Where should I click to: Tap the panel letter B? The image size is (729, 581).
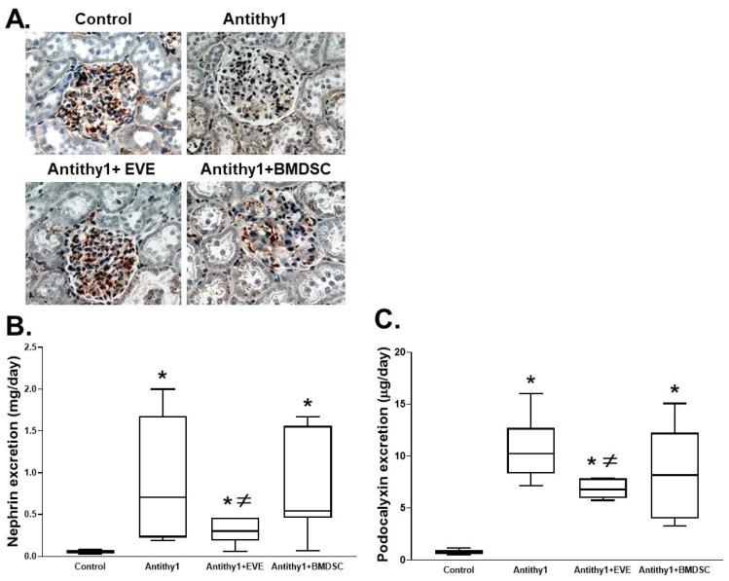18,319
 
